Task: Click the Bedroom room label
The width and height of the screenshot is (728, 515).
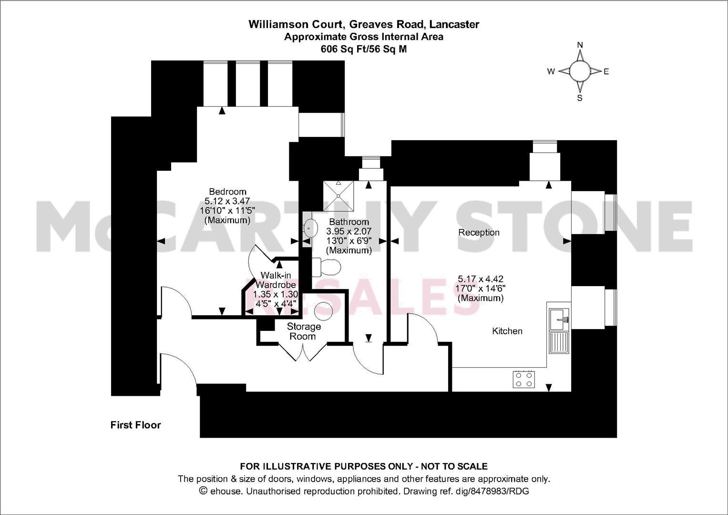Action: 227,192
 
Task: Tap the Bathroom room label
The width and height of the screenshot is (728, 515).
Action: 349,222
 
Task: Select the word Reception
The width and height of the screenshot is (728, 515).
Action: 479,233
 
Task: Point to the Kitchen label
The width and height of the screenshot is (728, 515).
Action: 507,331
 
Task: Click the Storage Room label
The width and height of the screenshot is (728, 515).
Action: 303,331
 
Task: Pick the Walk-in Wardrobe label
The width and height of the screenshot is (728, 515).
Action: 276,280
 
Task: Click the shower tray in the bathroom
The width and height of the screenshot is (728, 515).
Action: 338,196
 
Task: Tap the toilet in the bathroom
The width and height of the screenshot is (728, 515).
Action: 326,267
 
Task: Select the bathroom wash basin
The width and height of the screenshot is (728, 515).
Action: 310,228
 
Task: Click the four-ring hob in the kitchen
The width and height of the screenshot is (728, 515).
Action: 524,379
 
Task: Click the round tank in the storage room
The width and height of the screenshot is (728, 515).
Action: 324,311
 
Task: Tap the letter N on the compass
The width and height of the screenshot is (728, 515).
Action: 580,45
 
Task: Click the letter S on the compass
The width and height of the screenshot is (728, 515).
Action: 579,98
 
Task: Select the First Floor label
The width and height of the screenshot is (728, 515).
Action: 135,425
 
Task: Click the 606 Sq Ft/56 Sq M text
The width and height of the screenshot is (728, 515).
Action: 364,49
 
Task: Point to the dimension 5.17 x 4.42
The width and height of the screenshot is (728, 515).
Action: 481,278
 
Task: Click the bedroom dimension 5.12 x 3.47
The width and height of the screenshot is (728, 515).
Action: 227,201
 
